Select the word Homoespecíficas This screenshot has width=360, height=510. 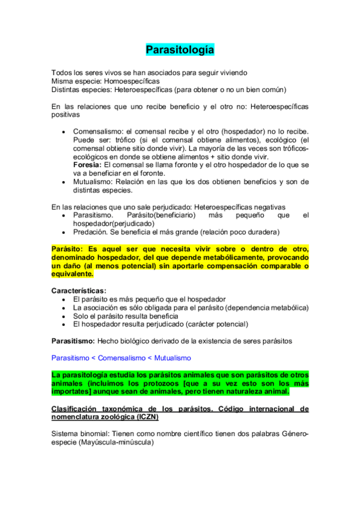[x=132, y=81]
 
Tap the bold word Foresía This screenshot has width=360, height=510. [x=88, y=164]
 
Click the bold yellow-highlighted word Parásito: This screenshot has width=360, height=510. [x=68, y=248]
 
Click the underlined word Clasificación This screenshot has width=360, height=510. [x=76, y=408]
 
